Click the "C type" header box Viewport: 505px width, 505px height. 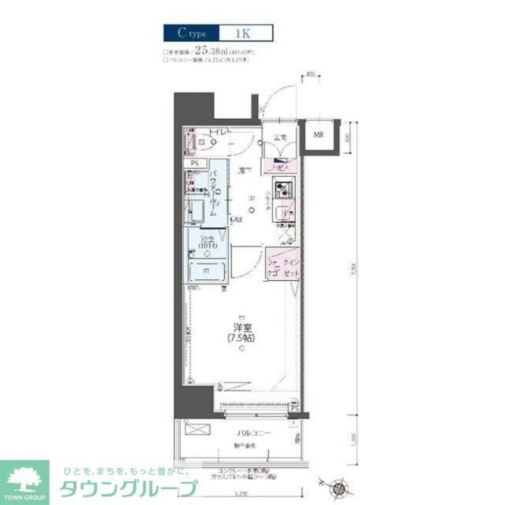tap(191, 33)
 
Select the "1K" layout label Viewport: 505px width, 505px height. tap(245, 33)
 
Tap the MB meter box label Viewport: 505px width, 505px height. tap(319, 135)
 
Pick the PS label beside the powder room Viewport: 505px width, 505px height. tap(195, 163)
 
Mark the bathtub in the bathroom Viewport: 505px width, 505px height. tap(207, 271)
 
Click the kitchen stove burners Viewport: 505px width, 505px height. tap(283, 189)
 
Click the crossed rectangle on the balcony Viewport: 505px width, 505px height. tap(195, 430)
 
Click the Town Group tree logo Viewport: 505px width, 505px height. tap(24, 477)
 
